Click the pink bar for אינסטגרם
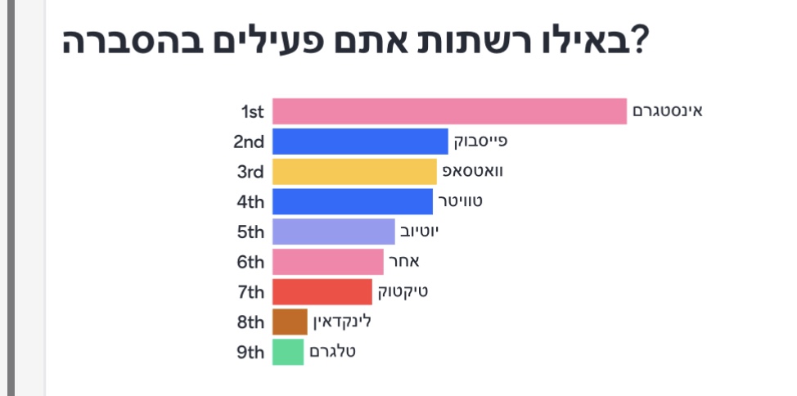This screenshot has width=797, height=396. tap(449, 111)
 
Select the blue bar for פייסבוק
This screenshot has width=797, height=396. tap(360, 142)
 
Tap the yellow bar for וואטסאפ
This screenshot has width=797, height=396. tap(354, 172)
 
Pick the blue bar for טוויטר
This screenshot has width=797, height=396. tap(352, 201)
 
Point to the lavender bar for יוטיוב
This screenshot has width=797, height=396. tap(333, 232)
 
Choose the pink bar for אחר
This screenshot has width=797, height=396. tap(327, 262)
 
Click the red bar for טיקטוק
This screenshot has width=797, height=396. tap(322, 292)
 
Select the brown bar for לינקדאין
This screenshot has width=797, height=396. tap(290, 322)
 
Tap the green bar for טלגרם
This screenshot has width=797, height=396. tap(288, 352)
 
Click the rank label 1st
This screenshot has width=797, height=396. tap(252, 111)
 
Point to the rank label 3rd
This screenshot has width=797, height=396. tap(250, 172)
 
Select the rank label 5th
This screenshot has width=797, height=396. tap(250, 232)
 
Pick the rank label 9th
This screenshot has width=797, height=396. tap(250, 353)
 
